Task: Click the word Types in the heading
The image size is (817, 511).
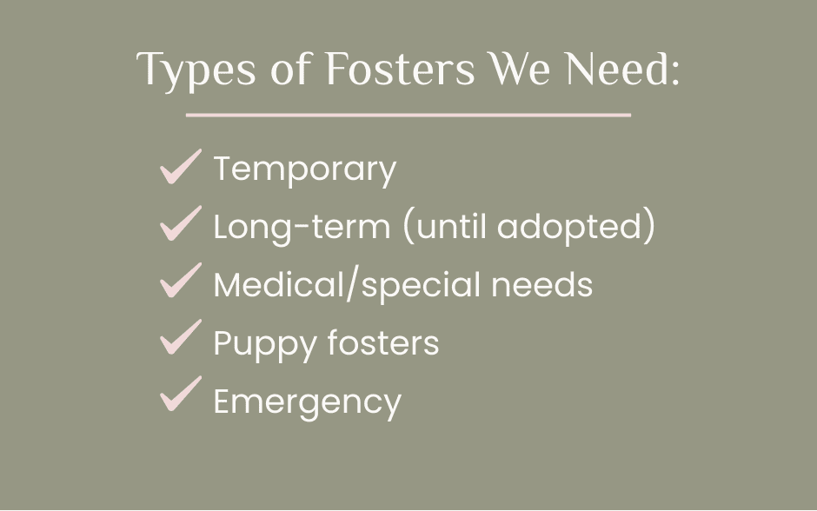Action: (x=196, y=70)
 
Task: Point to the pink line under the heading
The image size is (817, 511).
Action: (x=408, y=115)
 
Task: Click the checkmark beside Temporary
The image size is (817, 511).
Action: (x=180, y=167)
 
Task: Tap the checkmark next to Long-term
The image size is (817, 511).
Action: (x=180, y=223)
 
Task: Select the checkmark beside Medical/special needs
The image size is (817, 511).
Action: (x=180, y=280)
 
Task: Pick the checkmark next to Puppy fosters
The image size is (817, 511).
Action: (x=180, y=337)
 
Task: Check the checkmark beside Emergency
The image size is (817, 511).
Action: (x=180, y=394)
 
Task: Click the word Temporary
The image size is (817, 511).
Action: (x=305, y=169)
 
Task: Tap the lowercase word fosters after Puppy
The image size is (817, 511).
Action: (x=383, y=342)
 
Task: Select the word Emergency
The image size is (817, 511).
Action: (x=308, y=402)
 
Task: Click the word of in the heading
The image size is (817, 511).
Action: (x=291, y=69)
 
